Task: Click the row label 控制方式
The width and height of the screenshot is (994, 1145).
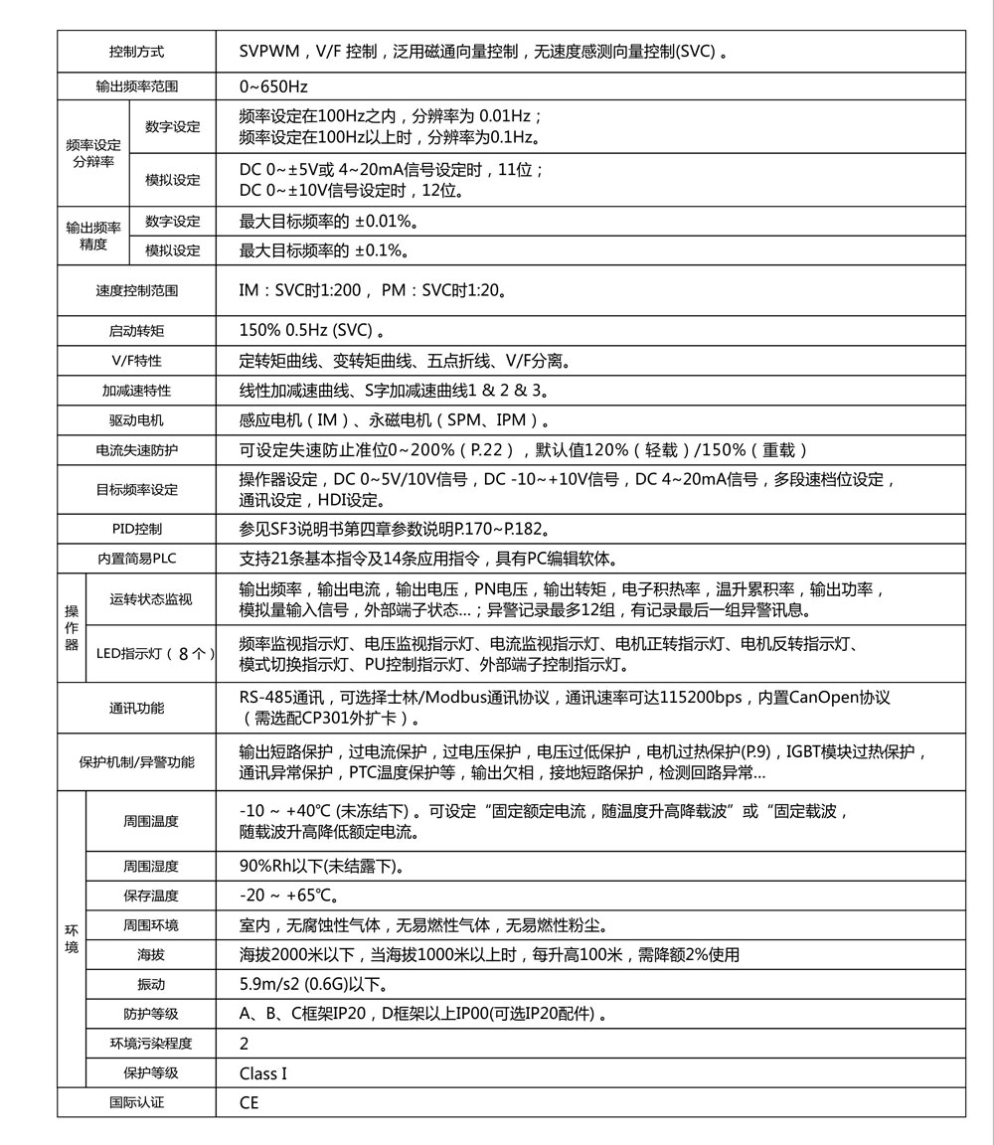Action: (137, 52)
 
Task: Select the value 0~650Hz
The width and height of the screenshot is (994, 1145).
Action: (274, 86)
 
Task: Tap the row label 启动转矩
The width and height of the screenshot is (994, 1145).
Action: (137, 330)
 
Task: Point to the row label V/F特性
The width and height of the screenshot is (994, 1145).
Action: (137, 361)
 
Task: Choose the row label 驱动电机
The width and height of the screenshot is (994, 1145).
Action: (137, 420)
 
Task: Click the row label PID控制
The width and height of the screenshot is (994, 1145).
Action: (137, 529)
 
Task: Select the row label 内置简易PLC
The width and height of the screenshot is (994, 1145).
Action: (137, 560)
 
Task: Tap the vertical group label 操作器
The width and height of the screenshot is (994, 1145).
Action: (72, 628)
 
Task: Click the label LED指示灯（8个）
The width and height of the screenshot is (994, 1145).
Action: (155, 653)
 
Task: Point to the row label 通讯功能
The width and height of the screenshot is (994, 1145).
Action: (137, 709)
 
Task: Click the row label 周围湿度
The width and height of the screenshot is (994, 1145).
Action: (151, 867)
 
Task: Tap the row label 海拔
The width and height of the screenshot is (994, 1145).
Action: (151, 955)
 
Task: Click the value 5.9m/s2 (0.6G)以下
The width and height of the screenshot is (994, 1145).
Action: (314, 985)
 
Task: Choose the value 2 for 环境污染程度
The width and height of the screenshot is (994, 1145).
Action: (245, 1044)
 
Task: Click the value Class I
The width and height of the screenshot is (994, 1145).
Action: (263, 1073)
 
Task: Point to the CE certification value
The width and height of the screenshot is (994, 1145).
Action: (248, 1103)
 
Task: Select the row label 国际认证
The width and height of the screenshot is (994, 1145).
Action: (137, 1103)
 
